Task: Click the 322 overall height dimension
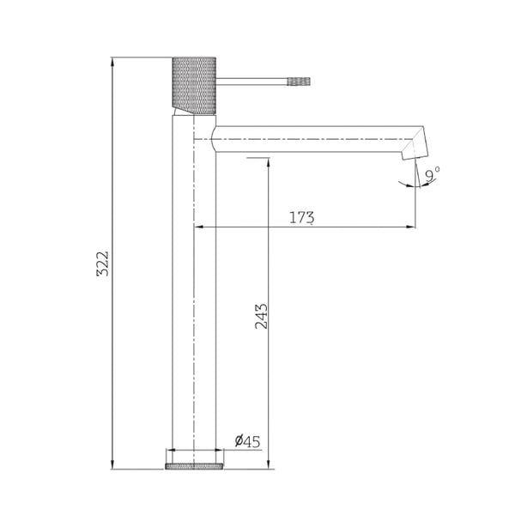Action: point(102,264)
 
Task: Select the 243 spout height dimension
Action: point(262,316)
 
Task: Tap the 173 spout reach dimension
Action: point(301,217)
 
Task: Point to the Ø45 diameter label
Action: point(248,441)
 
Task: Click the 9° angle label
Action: point(433,174)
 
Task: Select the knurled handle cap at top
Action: point(194,86)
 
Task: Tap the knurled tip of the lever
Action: point(299,82)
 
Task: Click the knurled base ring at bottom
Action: point(194,466)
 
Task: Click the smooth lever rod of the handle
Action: point(251,82)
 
